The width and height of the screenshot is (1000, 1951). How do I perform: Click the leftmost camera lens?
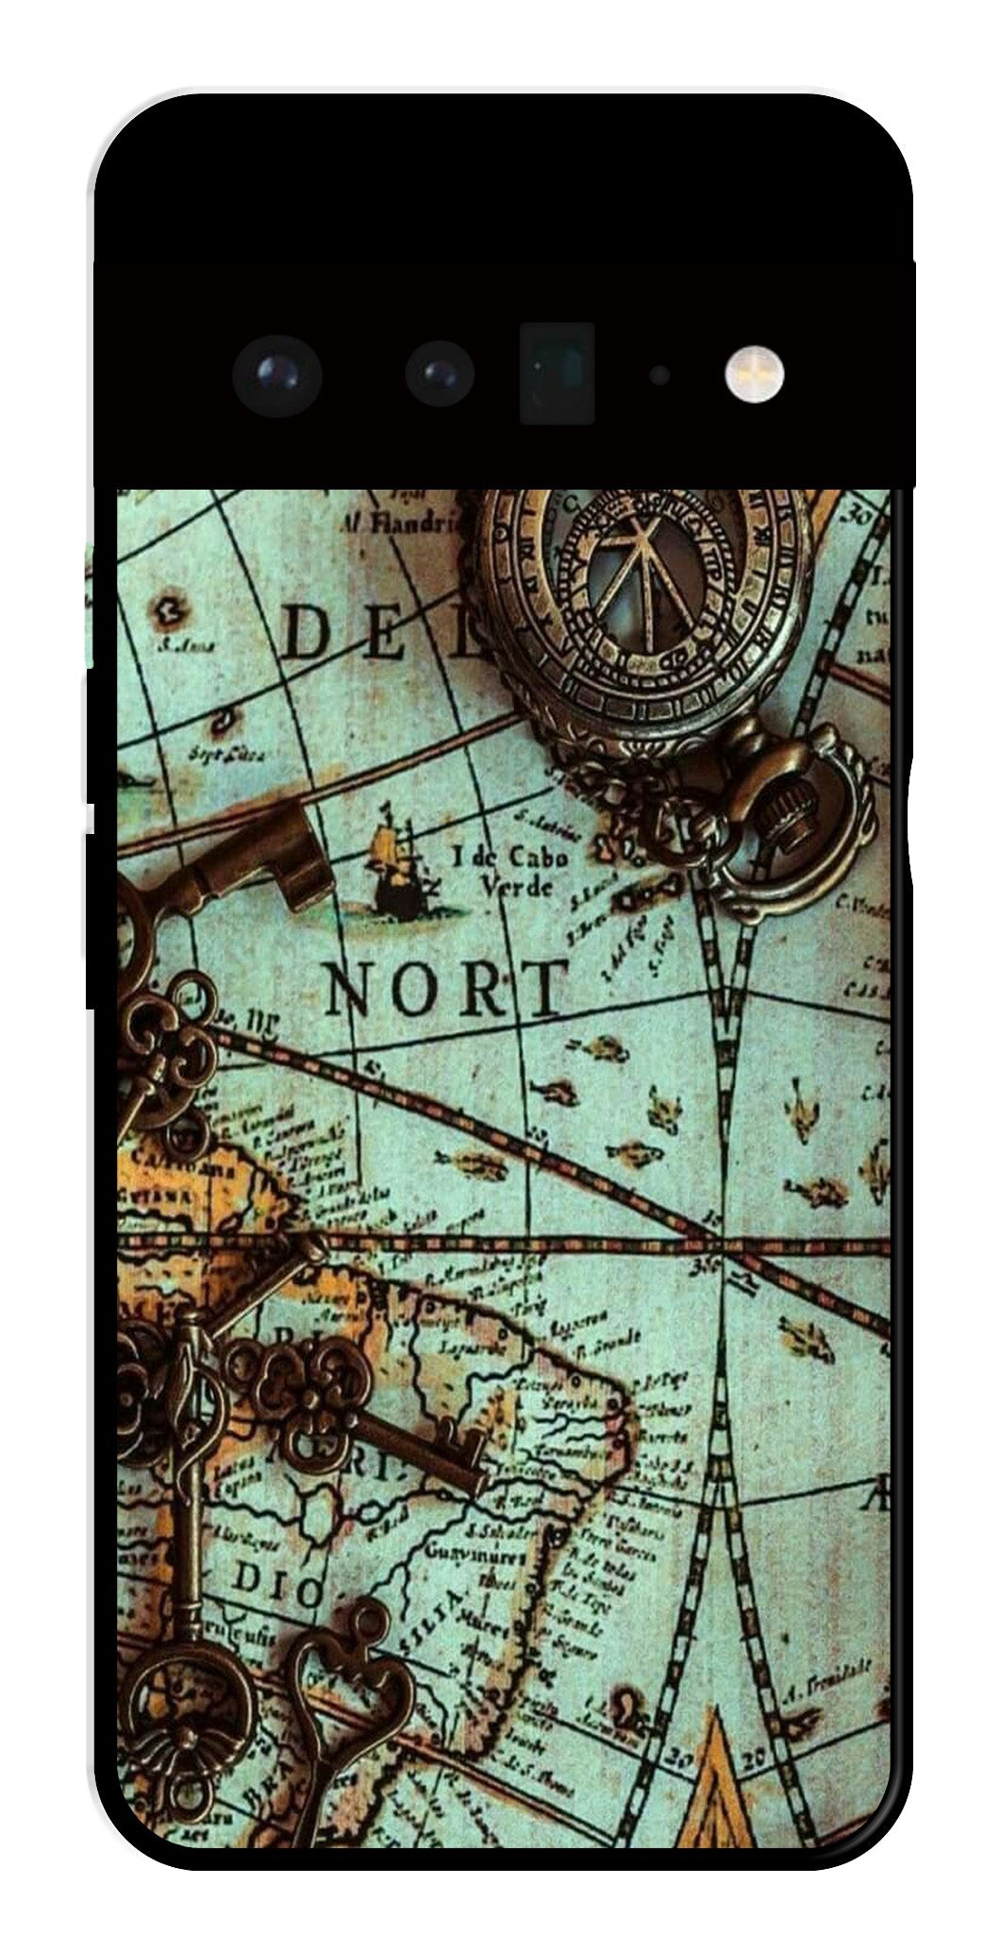click(x=276, y=375)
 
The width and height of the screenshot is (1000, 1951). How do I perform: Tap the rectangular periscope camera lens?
click(x=557, y=374)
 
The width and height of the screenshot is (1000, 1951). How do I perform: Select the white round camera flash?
click(x=755, y=372)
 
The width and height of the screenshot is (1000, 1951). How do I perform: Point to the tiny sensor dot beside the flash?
click(x=659, y=375)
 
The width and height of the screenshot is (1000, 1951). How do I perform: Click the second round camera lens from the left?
click(x=439, y=375)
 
